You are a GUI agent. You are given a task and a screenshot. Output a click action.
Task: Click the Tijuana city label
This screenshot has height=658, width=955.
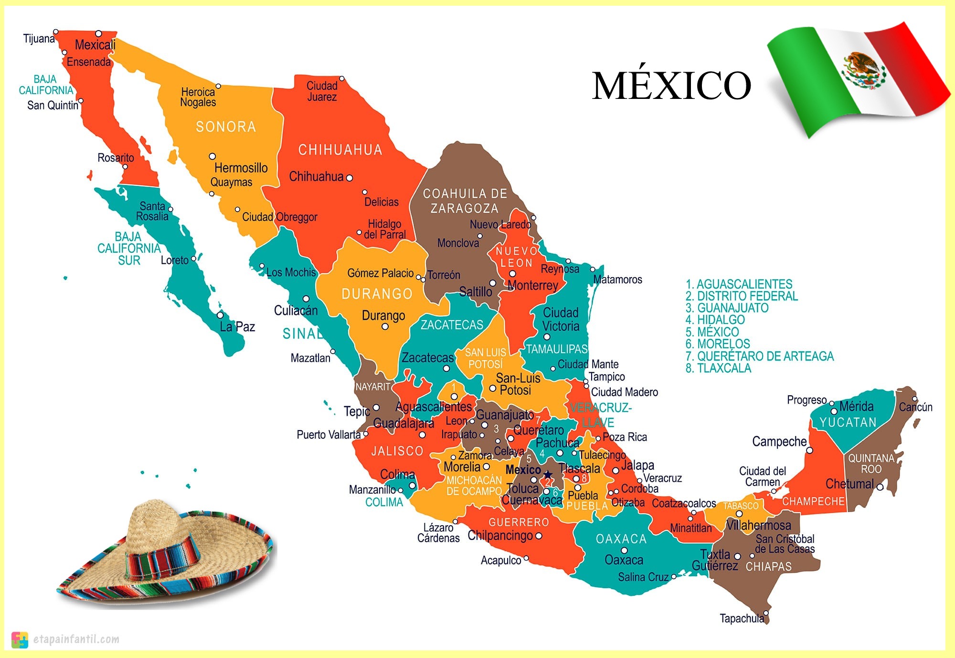pyautogui.click(x=38, y=39)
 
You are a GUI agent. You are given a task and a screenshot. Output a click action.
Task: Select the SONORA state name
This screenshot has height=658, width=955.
pyautogui.click(x=226, y=127)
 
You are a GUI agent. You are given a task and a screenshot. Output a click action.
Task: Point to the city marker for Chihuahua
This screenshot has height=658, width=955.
pyautogui.click(x=349, y=178)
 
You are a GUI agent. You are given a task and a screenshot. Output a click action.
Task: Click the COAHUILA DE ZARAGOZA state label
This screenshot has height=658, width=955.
pyautogui.click(x=465, y=201)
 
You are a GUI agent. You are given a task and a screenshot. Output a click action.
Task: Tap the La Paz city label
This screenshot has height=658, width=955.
pyautogui.click(x=237, y=327)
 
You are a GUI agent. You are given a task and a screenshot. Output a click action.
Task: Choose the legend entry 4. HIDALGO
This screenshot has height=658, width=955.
pyautogui.click(x=715, y=320)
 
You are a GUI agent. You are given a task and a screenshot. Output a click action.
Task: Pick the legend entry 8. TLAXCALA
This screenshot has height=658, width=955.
pyautogui.click(x=718, y=368)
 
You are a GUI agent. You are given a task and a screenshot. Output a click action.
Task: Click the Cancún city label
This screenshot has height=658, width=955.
pyautogui.click(x=915, y=407)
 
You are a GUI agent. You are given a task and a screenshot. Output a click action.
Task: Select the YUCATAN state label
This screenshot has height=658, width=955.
pyautogui.click(x=848, y=422)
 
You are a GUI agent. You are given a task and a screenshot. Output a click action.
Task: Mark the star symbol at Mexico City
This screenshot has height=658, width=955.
pyautogui.click(x=548, y=474)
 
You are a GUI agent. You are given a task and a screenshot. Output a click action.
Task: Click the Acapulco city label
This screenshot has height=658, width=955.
pyautogui.click(x=501, y=561)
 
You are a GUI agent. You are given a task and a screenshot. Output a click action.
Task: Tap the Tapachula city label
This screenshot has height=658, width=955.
pyautogui.click(x=742, y=618)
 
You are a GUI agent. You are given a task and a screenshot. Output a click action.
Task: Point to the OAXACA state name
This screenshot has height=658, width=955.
pyautogui.click(x=621, y=539)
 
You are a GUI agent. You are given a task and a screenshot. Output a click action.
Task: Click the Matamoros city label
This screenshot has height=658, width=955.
pyautogui.click(x=617, y=280)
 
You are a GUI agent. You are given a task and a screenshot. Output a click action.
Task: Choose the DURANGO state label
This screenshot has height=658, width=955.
pyautogui.click(x=377, y=293)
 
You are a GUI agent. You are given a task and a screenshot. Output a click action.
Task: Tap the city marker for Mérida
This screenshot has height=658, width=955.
pyautogui.click(x=834, y=411)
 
